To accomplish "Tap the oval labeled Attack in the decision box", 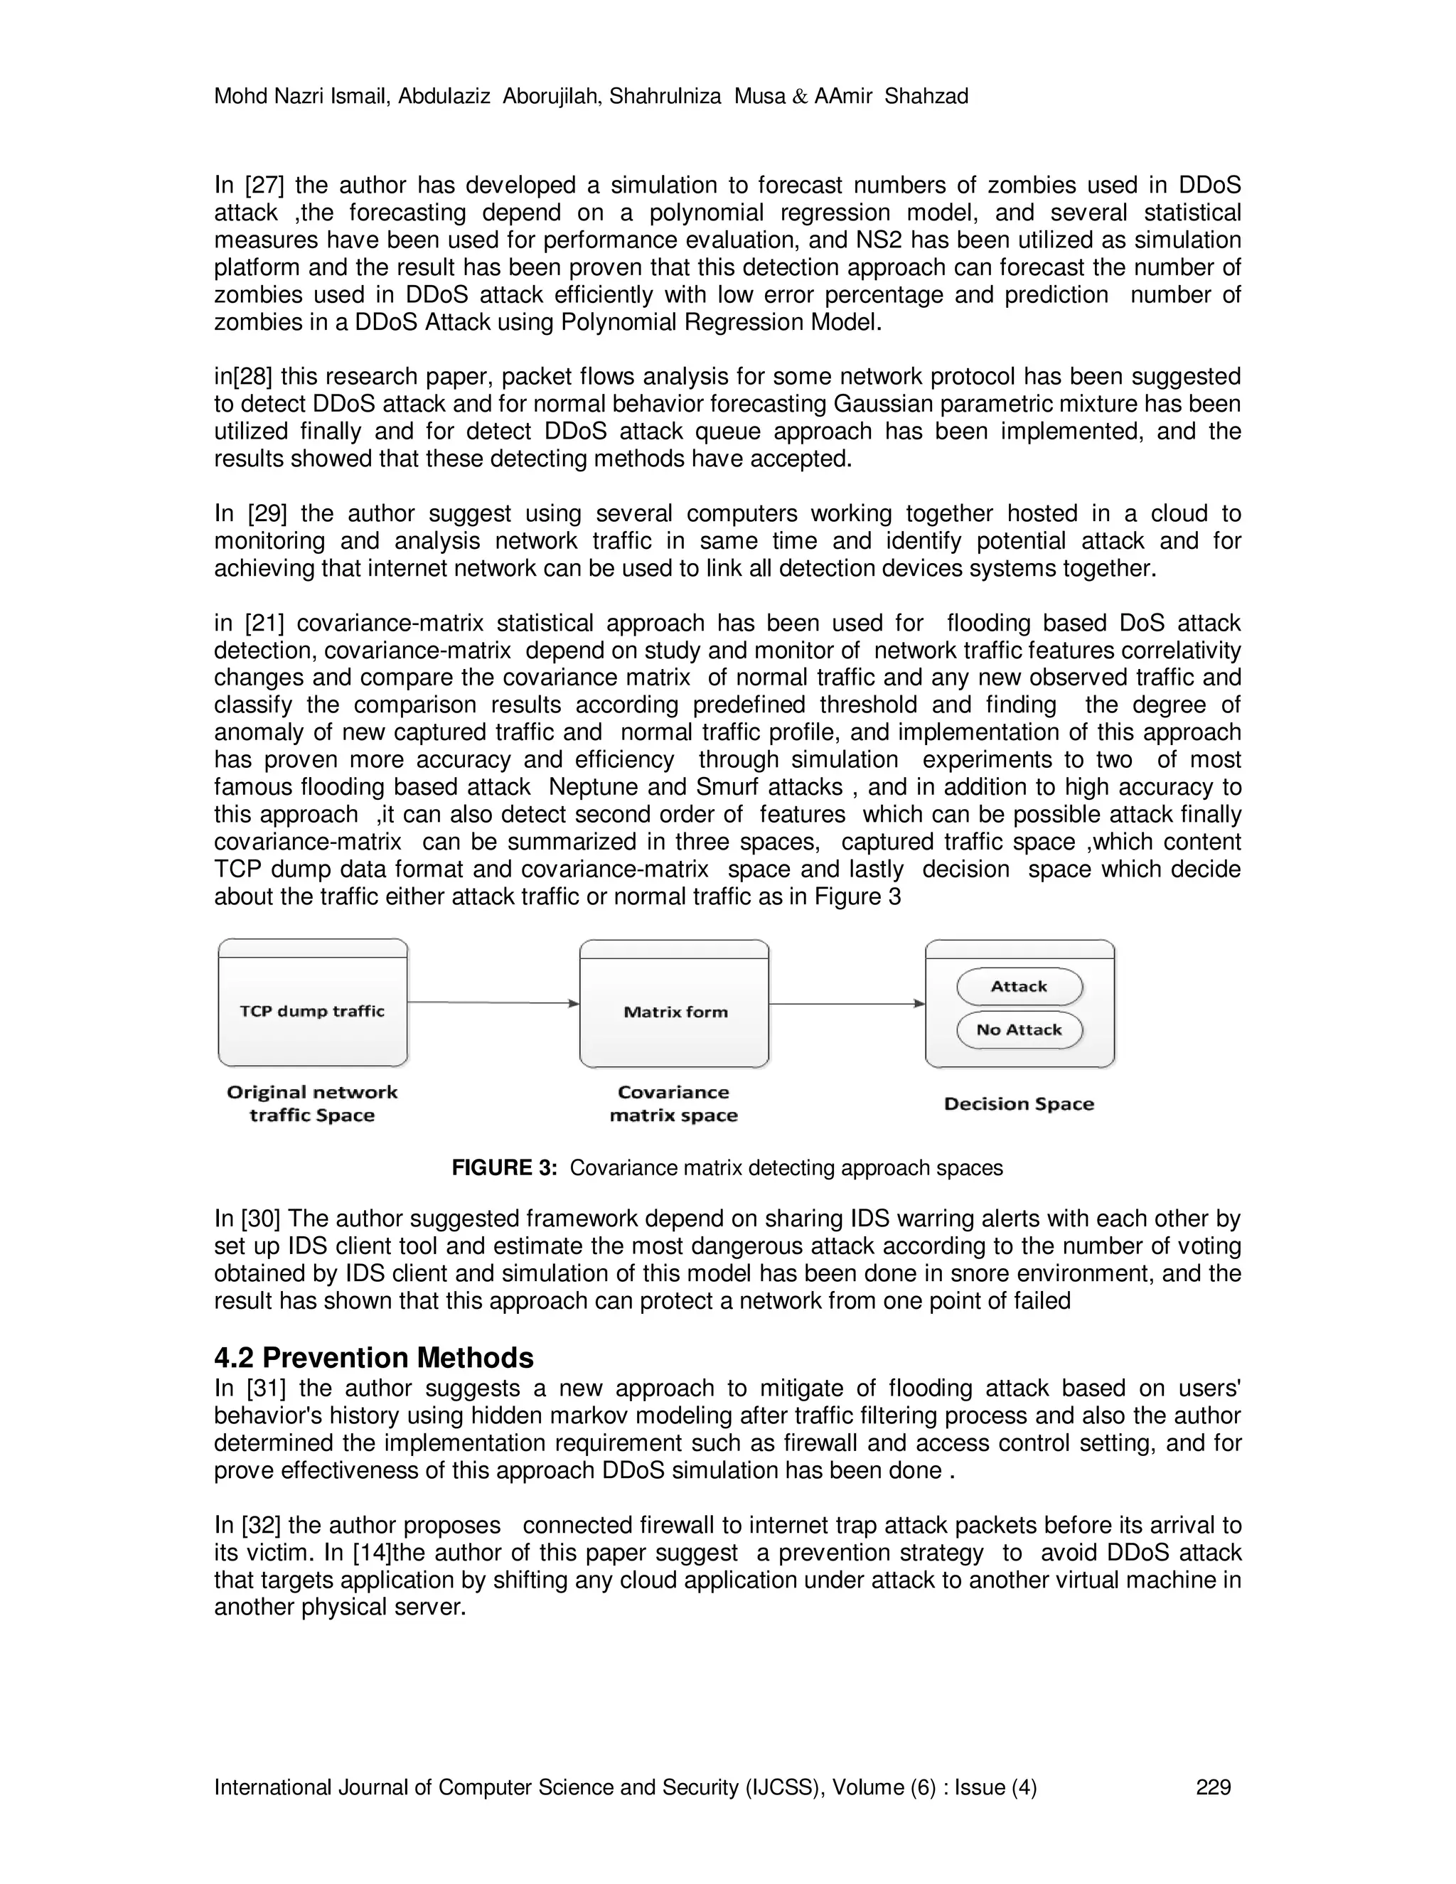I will [1019, 987].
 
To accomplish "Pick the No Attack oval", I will [1019, 1030].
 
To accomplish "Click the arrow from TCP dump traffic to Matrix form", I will [493, 1002].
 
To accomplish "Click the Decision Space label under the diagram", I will [1019, 1104].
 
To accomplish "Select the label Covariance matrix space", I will [674, 1104].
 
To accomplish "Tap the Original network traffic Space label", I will [312, 1104].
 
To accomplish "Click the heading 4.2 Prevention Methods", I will [373, 1358].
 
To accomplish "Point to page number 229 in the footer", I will [1214, 1787].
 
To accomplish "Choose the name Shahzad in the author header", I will [926, 96].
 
